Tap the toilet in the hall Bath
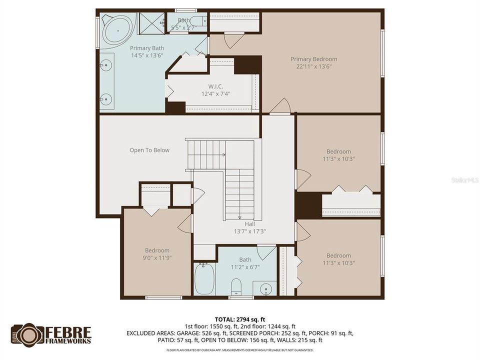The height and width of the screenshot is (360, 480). coord(236,286)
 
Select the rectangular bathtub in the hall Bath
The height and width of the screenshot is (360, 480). coord(204,278)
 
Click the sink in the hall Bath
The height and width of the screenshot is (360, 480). coord(266,288)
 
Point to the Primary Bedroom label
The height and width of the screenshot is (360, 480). coord(313,59)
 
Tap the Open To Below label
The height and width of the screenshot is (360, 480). coord(149,150)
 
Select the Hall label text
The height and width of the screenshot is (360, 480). coord(249,224)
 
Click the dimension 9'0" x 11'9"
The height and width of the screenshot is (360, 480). coord(157,257)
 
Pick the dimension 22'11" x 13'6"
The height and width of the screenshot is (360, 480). coord(313,66)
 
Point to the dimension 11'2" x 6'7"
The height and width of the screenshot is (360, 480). coord(245,267)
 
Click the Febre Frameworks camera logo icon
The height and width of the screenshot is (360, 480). coord(27,334)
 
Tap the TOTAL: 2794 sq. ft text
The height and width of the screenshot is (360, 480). coord(239,318)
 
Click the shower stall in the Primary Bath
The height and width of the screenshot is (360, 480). coord(151,22)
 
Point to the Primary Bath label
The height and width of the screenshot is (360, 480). coord(147,48)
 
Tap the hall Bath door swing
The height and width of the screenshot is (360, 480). coord(266,251)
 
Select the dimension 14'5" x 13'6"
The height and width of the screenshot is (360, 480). coord(147,55)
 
